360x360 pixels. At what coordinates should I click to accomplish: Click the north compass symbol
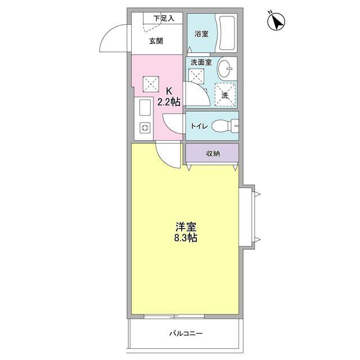click(x=276, y=22)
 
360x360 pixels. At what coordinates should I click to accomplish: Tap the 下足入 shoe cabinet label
click(x=163, y=18)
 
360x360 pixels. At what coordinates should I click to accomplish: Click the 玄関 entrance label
click(x=156, y=40)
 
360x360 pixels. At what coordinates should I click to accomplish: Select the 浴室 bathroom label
click(x=201, y=34)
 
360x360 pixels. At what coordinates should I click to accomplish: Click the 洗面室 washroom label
click(x=201, y=62)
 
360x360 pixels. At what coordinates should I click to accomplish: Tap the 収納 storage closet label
click(x=212, y=154)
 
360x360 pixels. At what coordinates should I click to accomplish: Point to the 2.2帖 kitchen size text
click(x=169, y=102)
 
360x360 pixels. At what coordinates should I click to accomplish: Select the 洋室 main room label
click(x=186, y=227)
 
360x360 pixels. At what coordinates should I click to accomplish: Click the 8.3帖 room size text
click(x=186, y=238)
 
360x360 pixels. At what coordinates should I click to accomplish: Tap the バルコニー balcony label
click(x=186, y=334)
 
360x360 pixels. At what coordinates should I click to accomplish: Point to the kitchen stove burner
click(x=144, y=128)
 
